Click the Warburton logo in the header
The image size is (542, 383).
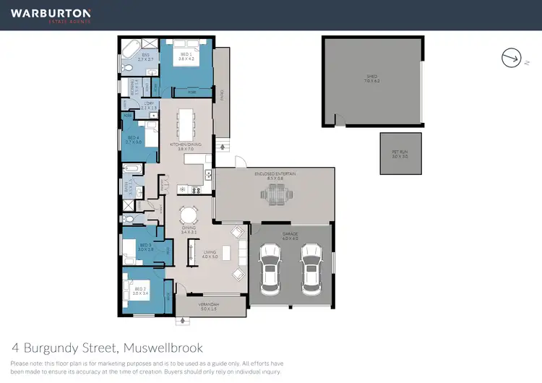[50, 14]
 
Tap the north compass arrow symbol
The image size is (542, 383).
[510, 56]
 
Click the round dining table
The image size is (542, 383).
[189, 215]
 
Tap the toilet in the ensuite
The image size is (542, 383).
[126, 67]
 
